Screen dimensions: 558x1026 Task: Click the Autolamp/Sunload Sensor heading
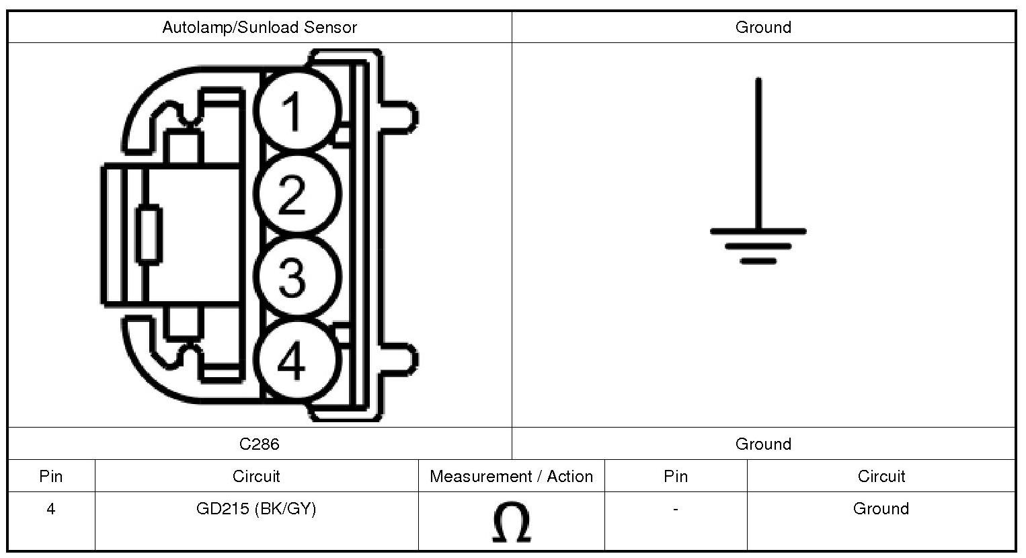[260, 28]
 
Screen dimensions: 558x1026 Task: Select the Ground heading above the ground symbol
[763, 28]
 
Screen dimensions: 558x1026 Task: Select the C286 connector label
[260, 444]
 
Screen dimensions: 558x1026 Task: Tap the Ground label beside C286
[763, 444]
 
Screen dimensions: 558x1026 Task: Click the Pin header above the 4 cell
[51, 477]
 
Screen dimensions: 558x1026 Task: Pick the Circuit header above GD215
[256, 477]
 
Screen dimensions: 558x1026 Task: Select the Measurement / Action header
[511, 477]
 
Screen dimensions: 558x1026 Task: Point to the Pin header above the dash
[676, 477]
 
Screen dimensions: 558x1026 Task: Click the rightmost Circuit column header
[881, 477]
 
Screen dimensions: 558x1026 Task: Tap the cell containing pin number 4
[51, 509]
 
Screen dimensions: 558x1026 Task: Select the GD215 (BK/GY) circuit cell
[256, 509]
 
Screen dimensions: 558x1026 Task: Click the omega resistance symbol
[511, 523]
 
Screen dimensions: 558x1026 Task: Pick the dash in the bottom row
[676, 509]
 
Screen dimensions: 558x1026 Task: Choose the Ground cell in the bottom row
[881, 509]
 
